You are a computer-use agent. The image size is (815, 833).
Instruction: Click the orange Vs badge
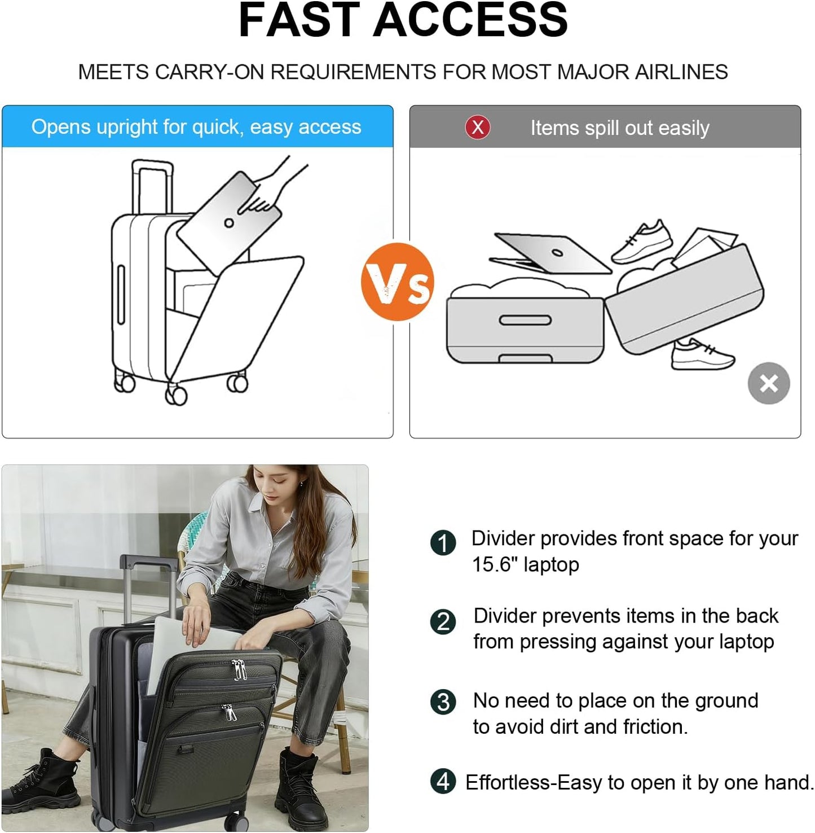pos(398,282)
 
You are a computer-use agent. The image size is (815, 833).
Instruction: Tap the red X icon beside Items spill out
pos(477,127)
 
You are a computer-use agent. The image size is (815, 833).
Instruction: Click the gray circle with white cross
pos(768,383)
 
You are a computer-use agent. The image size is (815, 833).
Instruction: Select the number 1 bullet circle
pos(443,543)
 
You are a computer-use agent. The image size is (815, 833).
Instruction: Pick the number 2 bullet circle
pos(443,621)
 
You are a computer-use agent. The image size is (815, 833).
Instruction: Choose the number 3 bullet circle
pos(443,702)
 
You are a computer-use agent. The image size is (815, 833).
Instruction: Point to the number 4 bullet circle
pos(443,782)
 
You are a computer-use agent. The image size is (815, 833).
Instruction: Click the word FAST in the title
pos(299,20)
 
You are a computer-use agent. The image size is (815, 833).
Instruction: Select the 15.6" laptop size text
pos(525,564)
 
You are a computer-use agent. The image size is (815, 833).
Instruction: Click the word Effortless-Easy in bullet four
pos(533,783)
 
